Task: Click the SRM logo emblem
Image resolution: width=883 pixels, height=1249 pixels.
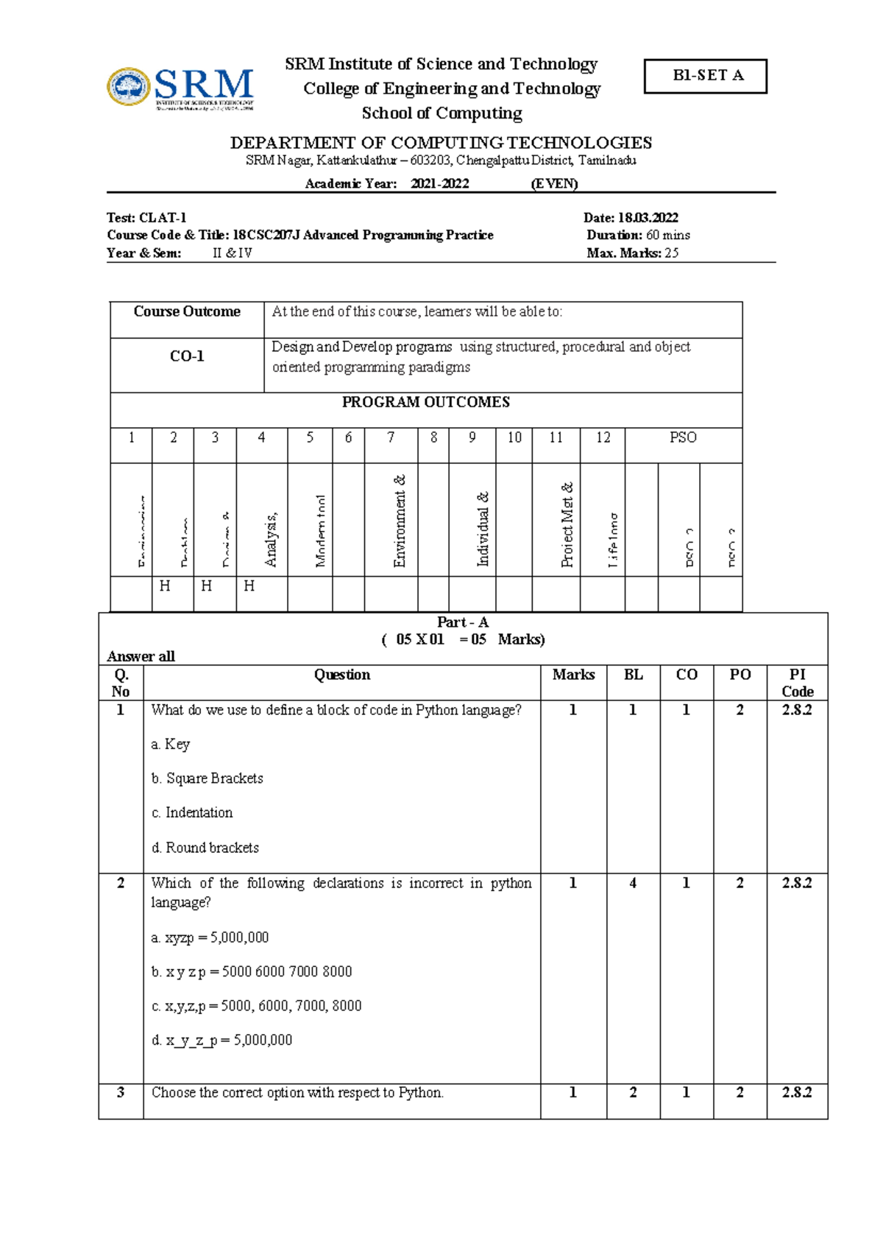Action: [129, 87]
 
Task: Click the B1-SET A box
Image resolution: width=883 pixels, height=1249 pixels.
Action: [705, 76]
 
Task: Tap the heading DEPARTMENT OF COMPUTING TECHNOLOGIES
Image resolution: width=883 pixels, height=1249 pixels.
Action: [441, 142]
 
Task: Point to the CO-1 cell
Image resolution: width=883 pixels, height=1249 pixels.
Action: [187, 356]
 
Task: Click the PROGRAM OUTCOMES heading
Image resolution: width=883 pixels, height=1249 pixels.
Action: [425, 402]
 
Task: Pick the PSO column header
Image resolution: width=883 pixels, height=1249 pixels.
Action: [683, 437]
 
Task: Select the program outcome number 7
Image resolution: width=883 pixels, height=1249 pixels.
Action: [391, 437]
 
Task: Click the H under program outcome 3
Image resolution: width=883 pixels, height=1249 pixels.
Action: [207, 586]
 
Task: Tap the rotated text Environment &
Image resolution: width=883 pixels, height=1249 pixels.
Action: [400, 521]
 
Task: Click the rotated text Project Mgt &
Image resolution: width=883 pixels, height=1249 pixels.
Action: [567, 524]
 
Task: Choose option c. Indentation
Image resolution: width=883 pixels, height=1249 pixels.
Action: [192, 813]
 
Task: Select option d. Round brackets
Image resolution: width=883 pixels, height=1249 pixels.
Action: [205, 848]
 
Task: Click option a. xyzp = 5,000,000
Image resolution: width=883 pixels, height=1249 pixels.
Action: [210, 937]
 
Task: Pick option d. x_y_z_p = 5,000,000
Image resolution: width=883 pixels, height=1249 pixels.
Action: [221, 1040]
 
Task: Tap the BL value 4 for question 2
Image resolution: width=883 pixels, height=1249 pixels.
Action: [633, 883]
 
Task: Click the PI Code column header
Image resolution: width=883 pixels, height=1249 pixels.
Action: [797, 683]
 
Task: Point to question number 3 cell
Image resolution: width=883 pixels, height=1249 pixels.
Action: [121, 1093]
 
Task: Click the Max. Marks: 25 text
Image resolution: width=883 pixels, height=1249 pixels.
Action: [632, 253]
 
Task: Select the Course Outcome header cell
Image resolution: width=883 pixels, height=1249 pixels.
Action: [187, 312]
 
